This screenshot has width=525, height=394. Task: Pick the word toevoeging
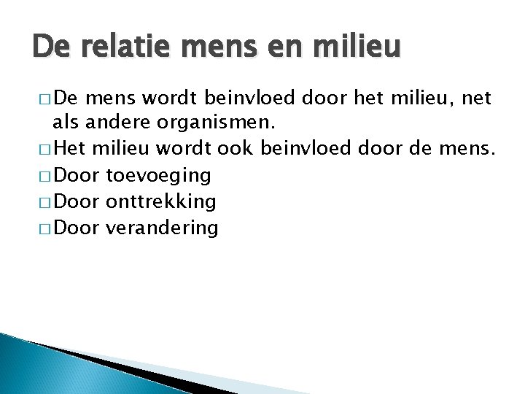pyautogui.click(x=159, y=176)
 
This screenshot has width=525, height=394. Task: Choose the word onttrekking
pyautogui.click(x=161, y=201)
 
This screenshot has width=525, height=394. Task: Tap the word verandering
pyautogui.click(x=162, y=228)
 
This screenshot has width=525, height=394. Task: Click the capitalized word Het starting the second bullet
pyautogui.click(x=69, y=150)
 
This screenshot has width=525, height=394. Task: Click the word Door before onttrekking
pyautogui.click(x=78, y=201)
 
